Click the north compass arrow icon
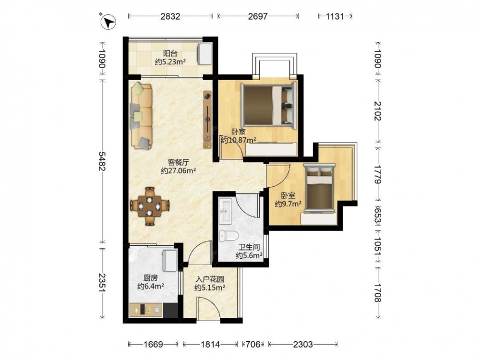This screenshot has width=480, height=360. pyautogui.click(x=108, y=22)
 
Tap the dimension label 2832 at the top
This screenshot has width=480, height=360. pyautogui.click(x=170, y=16)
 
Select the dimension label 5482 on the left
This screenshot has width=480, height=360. pyautogui.click(x=102, y=161)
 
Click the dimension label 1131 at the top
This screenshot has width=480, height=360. pyautogui.click(x=335, y=16)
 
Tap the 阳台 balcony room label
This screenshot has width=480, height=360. pyautogui.click(x=170, y=54)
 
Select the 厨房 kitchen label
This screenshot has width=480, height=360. pyautogui.click(x=151, y=278)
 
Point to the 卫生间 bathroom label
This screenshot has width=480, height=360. pyautogui.click(x=249, y=247)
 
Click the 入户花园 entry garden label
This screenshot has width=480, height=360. pyautogui.click(x=210, y=279)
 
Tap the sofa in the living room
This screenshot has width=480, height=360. pyautogui.click(x=142, y=116)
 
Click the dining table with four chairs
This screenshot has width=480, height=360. pyautogui.click(x=150, y=206)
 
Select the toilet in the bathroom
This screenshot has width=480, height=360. pyautogui.click(x=229, y=236)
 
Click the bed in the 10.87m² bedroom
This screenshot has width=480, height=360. pyautogui.click(x=269, y=105)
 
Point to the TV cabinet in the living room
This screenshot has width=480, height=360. pyautogui.click(x=207, y=120)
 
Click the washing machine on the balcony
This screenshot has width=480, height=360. pyautogui.click(x=205, y=54)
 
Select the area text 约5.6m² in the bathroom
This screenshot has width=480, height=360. pyautogui.click(x=249, y=256)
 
